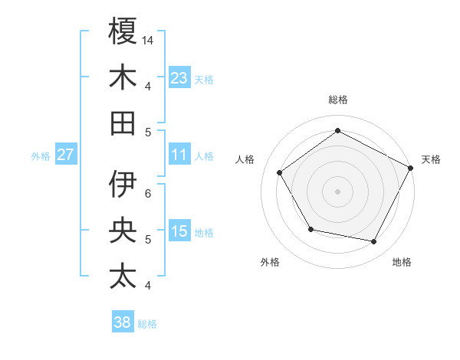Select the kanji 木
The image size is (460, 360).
coord(123,77)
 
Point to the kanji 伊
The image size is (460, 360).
coord(123,184)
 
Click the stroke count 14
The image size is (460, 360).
coord(148,39)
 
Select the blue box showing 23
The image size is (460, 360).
coord(179,77)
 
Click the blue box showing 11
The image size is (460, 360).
coord(179,155)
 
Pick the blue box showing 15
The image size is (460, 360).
coord(179,231)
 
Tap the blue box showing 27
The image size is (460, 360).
coord(65,155)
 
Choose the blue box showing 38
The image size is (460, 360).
coord(123,322)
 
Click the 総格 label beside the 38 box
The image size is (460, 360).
coord(147,324)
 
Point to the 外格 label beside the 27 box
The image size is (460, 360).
coord(41,156)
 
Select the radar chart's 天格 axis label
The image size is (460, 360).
coord(431,159)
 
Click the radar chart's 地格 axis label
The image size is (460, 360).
coord(402,262)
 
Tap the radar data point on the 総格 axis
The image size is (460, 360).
coord(337,130)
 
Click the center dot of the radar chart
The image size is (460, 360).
coord(337,191)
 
